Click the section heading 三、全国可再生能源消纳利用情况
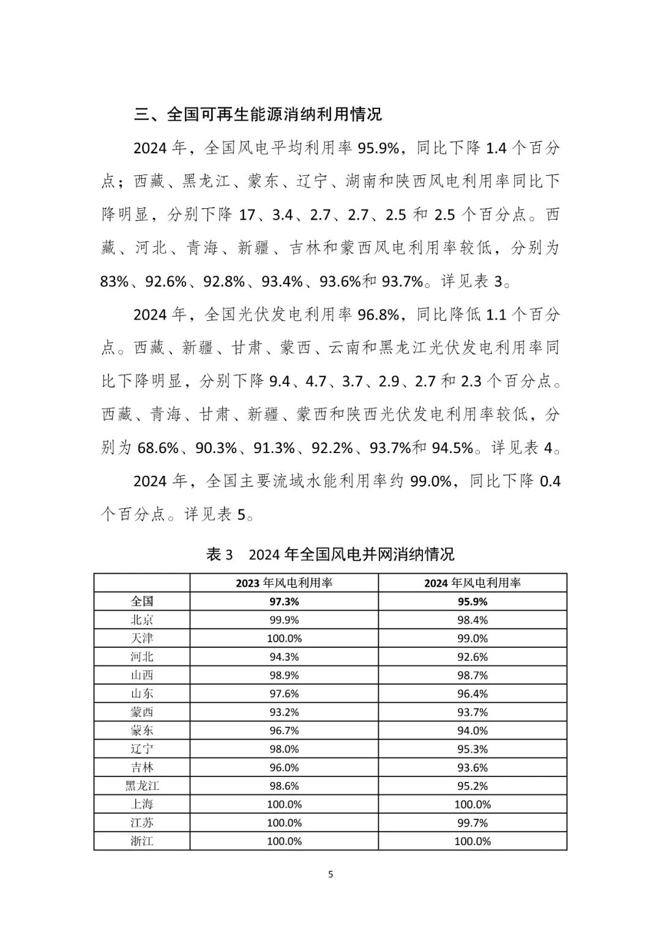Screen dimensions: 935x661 click(258, 115)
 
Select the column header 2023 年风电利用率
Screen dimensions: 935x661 click(284, 583)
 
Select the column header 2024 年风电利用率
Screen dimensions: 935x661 click(472, 583)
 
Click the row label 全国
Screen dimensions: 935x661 click(142, 601)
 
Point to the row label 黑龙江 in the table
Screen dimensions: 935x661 click(142, 786)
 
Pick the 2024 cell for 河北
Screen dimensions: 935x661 click(472, 656)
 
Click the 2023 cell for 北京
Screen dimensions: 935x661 click(284, 620)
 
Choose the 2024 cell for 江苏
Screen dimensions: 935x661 click(472, 822)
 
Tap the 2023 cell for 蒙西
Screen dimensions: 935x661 click(284, 712)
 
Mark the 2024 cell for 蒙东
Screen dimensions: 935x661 click(472, 730)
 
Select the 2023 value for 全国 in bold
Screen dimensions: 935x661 click(284, 601)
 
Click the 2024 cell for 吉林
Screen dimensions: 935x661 click(472, 767)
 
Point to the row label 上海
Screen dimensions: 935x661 click(142, 804)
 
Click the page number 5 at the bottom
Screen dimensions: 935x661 click(330, 874)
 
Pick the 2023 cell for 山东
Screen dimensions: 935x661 click(284, 693)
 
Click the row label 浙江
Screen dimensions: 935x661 click(142, 841)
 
